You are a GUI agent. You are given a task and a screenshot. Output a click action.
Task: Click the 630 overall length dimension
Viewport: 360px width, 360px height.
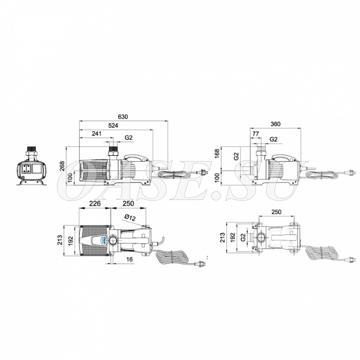coord(123,116)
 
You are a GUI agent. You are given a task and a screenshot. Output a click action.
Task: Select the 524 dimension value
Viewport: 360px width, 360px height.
coord(113,126)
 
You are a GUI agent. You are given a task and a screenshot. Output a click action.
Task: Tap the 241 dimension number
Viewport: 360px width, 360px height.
coord(97,134)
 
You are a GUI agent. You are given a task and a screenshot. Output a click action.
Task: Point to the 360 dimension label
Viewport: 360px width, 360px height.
coord(276,124)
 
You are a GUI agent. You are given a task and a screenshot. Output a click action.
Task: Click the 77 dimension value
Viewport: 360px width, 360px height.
coord(255,134)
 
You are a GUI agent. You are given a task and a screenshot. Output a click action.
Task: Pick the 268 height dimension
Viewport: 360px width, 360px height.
coord(62,166)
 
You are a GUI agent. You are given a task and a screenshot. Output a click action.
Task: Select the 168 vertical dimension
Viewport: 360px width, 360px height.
coord(217,153)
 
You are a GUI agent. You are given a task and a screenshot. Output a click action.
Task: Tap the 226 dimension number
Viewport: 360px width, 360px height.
coord(95,204)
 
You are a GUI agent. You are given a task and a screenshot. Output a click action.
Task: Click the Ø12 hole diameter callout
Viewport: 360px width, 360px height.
coord(130,217)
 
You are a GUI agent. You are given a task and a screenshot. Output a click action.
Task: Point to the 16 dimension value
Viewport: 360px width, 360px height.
coord(129,259)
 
